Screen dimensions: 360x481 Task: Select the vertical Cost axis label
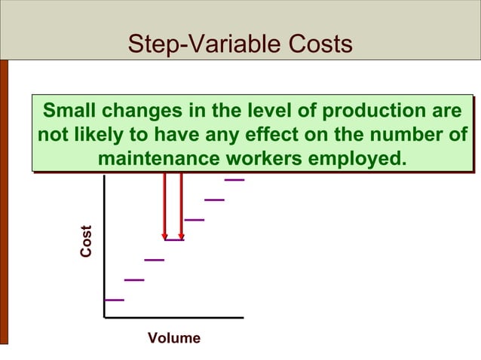coord(87,242)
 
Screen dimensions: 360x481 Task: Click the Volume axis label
coord(174,338)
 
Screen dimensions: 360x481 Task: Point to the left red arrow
coord(164,207)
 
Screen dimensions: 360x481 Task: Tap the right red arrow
coord(182,207)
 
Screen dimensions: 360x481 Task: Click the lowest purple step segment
coord(115,300)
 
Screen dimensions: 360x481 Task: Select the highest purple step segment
coord(234,180)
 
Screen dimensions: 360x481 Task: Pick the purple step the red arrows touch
coord(174,239)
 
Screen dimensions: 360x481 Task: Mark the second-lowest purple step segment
coord(134,279)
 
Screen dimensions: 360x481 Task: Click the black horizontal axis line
coord(173,318)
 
